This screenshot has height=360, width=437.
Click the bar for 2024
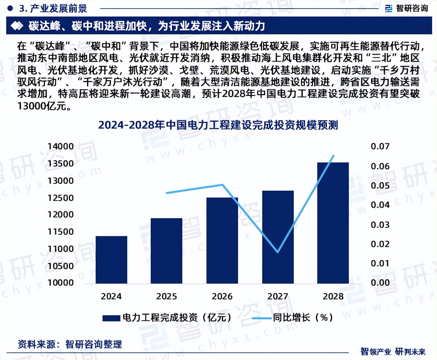tap(111, 260)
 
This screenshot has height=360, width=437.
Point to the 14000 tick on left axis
tap(61, 147)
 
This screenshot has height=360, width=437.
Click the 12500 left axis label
tap(61, 198)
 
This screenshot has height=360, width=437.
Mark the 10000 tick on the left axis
tap(61, 283)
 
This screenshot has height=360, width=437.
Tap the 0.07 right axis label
tap(380, 147)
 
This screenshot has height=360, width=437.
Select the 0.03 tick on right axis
tap(380, 225)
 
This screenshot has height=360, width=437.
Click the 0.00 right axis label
tap(380, 283)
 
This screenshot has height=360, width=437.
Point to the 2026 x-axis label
tap(222, 296)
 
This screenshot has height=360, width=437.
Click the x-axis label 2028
tap(333, 296)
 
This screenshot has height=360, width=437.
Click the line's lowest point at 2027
tap(277, 252)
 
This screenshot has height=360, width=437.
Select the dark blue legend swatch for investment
tap(111, 318)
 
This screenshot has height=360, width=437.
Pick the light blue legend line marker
tap(261, 318)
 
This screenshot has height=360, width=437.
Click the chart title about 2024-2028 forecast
tap(218, 125)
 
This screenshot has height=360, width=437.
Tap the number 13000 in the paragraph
tap(32, 106)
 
